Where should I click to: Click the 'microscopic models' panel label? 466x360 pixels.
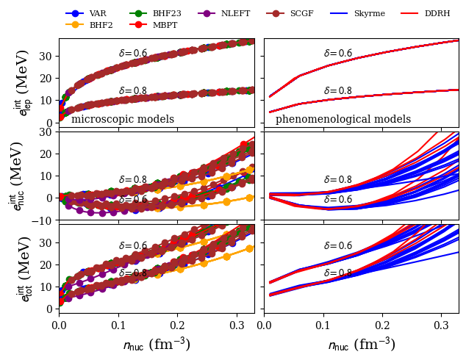click(x=123, y=119)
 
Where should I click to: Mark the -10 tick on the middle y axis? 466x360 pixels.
click(x=45, y=220)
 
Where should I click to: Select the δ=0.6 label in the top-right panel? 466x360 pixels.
click(x=338, y=54)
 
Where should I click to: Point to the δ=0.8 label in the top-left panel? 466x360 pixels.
click(x=133, y=91)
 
